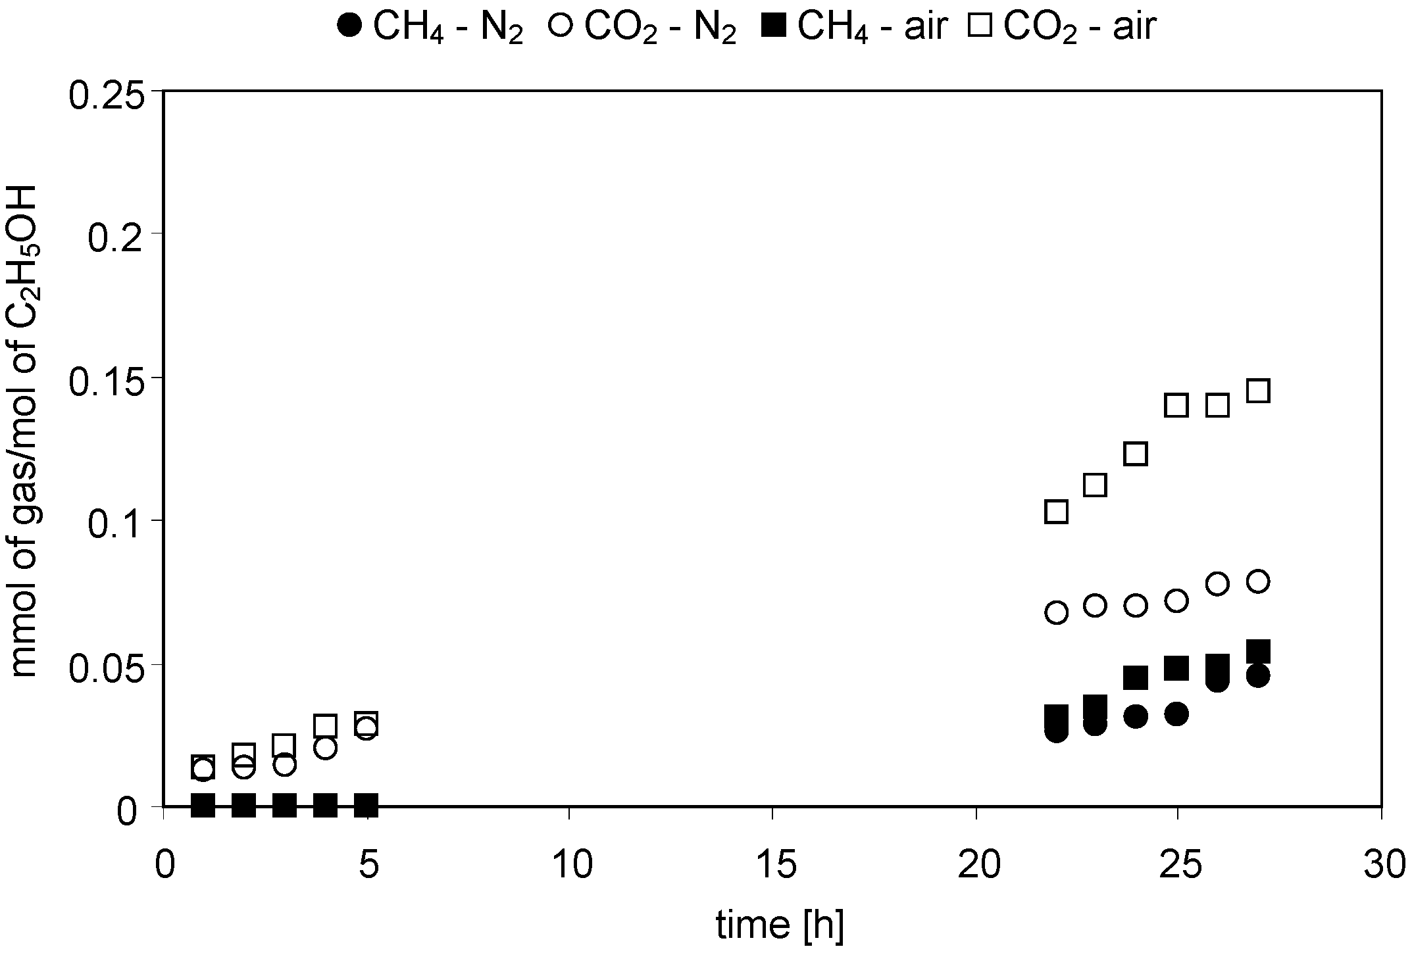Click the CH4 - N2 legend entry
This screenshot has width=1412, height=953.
coord(430,28)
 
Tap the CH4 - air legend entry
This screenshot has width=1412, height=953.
coord(853,28)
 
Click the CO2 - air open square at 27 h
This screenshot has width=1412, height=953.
coord(1258,391)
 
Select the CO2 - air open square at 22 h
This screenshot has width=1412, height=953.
coord(1056,512)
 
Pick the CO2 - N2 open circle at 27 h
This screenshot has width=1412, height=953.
coord(1258,581)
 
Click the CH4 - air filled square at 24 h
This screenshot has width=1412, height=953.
coord(1136,677)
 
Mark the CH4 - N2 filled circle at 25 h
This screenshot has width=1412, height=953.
coord(1176,714)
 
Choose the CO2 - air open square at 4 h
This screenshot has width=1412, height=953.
coord(326,725)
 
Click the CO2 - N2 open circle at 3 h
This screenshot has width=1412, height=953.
coord(285,765)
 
